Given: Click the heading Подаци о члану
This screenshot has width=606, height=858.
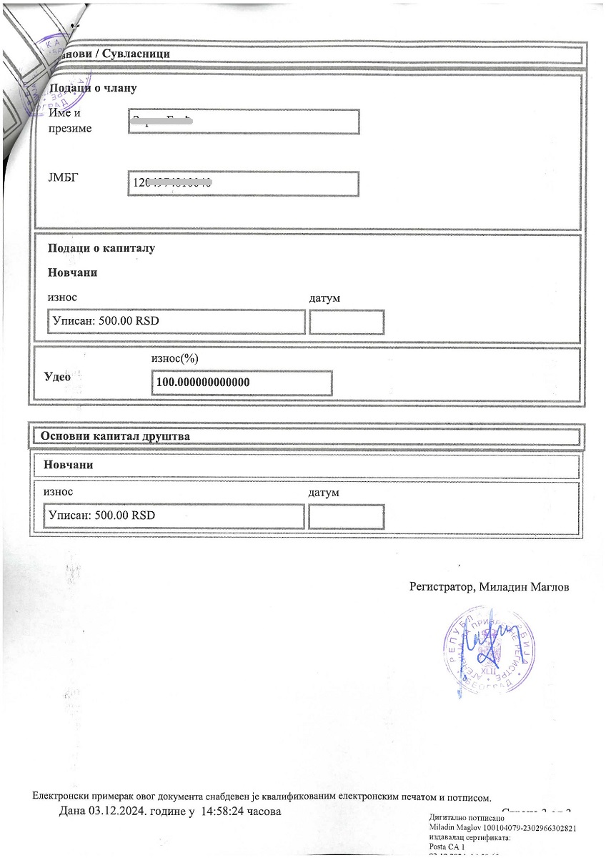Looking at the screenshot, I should tap(92, 88).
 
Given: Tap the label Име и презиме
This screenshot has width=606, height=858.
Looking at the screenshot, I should tap(70, 121).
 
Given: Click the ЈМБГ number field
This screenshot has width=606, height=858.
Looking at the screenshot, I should tap(243, 184).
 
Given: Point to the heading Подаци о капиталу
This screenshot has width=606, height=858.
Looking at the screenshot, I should tap(101, 248).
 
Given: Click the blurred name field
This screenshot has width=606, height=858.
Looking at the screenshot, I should tap(243, 122).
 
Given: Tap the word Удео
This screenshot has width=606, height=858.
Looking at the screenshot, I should tap(57, 377).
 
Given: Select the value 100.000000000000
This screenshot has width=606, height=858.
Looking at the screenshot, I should tap(203, 383).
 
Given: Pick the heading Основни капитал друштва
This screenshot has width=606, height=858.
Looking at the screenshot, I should tap(115, 435).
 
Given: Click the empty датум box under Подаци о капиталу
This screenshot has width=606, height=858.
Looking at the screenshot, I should tap(347, 322).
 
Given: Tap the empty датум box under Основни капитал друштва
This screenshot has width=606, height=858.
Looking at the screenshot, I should tap(347, 516).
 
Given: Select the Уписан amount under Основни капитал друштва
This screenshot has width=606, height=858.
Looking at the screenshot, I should tap(102, 516).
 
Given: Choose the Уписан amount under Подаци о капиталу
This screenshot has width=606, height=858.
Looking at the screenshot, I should tap(106, 321).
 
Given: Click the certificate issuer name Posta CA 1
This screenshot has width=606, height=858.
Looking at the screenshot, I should tap(446, 847).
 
